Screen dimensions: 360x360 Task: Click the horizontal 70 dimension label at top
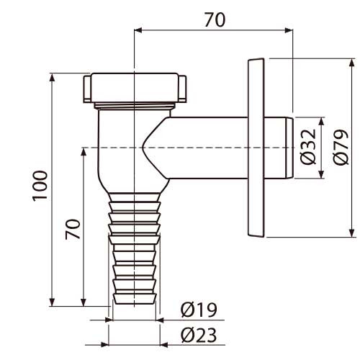click(215, 20)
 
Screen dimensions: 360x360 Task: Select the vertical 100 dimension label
click(40, 186)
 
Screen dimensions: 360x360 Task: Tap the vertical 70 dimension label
click(73, 229)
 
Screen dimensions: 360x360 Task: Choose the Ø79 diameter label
click(341, 147)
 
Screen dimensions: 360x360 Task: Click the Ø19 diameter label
click(199, 310)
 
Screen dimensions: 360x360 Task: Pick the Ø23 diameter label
click(199, 336)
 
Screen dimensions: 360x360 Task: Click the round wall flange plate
click(256, 148)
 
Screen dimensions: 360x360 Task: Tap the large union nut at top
click(135, 88)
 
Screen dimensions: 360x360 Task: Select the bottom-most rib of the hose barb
click(134, 299)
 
